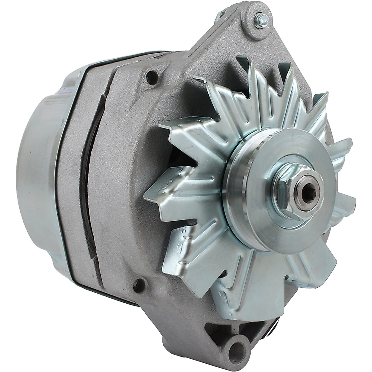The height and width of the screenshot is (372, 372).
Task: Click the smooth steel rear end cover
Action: [x=37, y=174]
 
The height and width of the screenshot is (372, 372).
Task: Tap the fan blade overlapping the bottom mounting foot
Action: [x=248, y=298]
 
